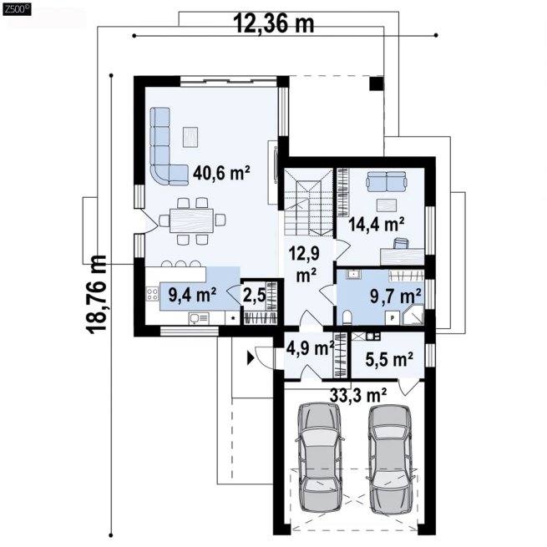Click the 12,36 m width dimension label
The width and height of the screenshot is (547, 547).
274,23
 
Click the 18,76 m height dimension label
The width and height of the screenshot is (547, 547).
95,295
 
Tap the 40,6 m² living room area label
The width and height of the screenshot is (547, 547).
221,172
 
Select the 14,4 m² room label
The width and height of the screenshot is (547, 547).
377,224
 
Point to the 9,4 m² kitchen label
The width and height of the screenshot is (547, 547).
192,295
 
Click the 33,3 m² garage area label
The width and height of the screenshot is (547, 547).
358,395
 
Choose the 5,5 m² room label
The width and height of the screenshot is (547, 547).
389,359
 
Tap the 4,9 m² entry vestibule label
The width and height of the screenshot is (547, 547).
310,347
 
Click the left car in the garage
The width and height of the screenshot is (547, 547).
318,457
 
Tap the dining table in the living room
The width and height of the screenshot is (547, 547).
191,220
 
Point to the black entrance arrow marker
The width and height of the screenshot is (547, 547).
251,358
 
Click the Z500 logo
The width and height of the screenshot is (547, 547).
17,9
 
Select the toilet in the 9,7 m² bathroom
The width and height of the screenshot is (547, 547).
347,317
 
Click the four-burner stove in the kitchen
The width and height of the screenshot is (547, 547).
152,293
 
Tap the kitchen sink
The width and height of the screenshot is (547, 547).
199,318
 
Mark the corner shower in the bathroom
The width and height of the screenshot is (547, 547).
413,314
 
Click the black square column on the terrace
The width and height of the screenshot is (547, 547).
377,84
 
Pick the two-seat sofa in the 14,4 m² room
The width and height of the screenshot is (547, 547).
386,181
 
